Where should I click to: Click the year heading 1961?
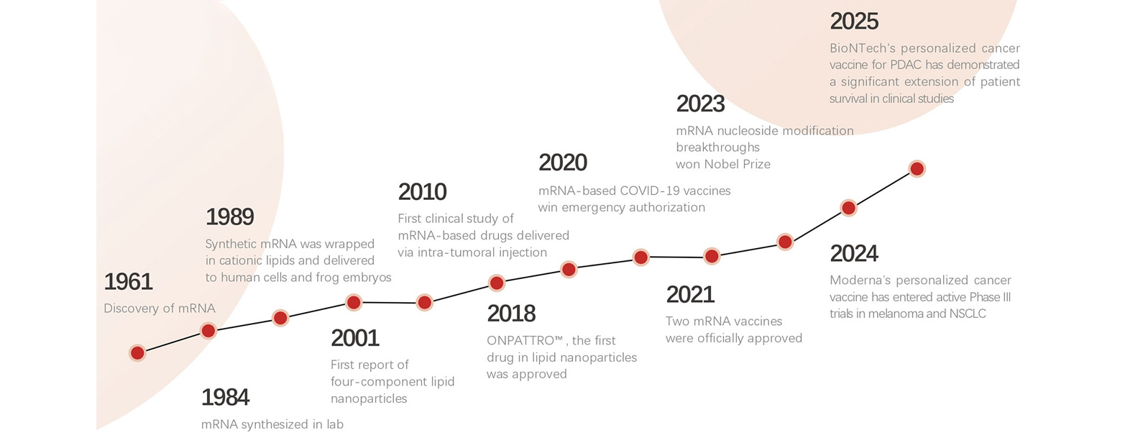(x=128, y=282)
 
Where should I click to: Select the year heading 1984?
(x=225, y=397)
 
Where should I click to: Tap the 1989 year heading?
(x=229, y=216)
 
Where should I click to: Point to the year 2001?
(x=354, y=337)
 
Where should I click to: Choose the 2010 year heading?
(x=422, y=192)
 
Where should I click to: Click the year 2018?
(x=511, y=314)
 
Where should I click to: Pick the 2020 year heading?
(x=562, y=163)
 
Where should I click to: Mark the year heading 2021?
(x=690, y=295)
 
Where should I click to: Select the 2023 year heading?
(x=700, y=104)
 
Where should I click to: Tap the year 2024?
(x=854, y=254)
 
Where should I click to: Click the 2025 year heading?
(x=854, y=21)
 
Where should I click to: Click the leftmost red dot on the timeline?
(x=137, y=352)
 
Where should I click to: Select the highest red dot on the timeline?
(x=917, y=169)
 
